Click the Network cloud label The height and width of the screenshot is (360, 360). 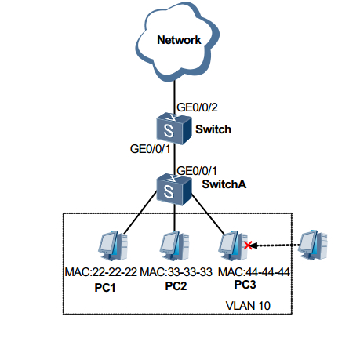[179, 40]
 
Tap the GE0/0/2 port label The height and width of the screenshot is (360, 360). [197, 107]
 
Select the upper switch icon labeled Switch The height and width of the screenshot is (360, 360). [174, 129]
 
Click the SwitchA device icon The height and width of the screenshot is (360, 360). [174, 190]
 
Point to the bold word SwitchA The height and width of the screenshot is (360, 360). [224, 184]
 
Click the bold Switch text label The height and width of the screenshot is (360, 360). [213, 129]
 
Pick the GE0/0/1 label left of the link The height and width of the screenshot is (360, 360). [150, 149]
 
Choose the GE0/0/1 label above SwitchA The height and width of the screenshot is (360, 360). [197, 171]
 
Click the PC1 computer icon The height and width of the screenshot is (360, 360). [113, 245]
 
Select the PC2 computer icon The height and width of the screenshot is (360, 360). [175, 245]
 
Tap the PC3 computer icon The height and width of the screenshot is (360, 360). [234, 245]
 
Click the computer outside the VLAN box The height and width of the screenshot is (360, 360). [313, 245]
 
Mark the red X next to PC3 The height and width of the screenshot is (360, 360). [248, 245]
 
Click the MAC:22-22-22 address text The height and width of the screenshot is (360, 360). [101, 272]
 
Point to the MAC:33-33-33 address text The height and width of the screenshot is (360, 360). [176, 272]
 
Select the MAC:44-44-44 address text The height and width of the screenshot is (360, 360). [254, 272]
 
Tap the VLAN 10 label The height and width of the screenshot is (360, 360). [248, 306]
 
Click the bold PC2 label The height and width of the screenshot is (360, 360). [176, 286]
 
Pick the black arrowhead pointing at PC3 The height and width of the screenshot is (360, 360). [254, 245]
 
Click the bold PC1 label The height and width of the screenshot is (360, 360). [105, 288]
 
